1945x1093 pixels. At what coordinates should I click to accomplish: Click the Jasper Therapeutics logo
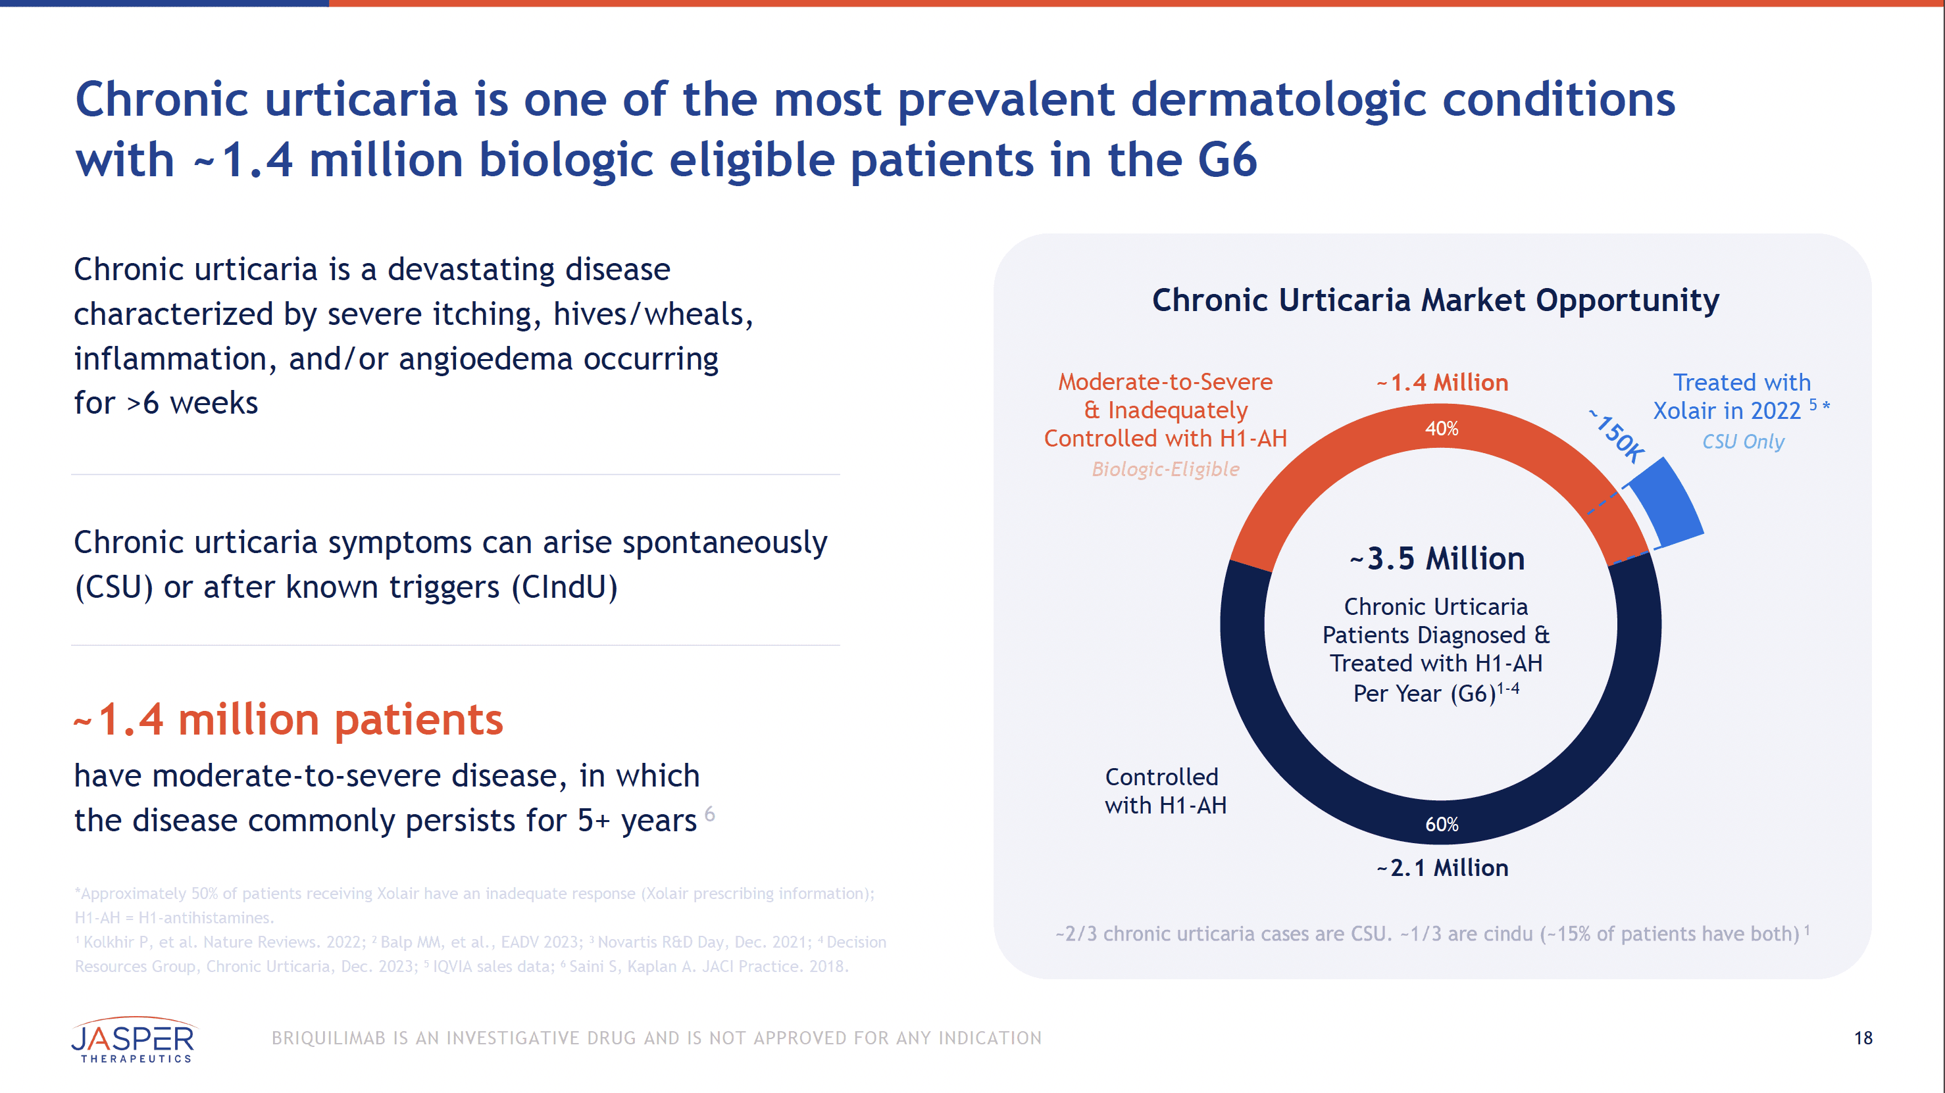[x=134, y=1040]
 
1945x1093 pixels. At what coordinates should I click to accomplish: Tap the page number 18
[x=1863, y=1038]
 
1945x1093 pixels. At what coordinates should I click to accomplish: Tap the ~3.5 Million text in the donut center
[x=1437, y=558]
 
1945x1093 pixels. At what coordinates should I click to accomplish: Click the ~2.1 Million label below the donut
[x=1442, y=868]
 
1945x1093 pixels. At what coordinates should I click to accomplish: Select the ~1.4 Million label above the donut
[x=1442, y=383]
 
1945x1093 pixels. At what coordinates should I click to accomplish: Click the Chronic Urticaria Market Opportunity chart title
[x=1435, y=301]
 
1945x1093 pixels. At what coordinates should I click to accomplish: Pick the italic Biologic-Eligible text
[x=1165, y=470]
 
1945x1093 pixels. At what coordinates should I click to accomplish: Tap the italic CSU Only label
[x=1742, y=441]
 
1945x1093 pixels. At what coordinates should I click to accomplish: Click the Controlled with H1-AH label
[x=1165, y=791]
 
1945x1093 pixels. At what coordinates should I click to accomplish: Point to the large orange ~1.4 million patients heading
[x=288, y=719]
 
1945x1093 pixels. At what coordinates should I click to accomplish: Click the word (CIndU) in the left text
[x=564, y=587]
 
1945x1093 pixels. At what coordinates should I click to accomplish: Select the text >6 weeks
[x=193, y=403]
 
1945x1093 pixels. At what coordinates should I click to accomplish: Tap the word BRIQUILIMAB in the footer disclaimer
[x=328, y=1038]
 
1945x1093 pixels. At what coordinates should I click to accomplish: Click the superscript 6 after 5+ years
[x=709, y=814]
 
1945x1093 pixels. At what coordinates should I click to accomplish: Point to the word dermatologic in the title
[x=1278, y=100]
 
